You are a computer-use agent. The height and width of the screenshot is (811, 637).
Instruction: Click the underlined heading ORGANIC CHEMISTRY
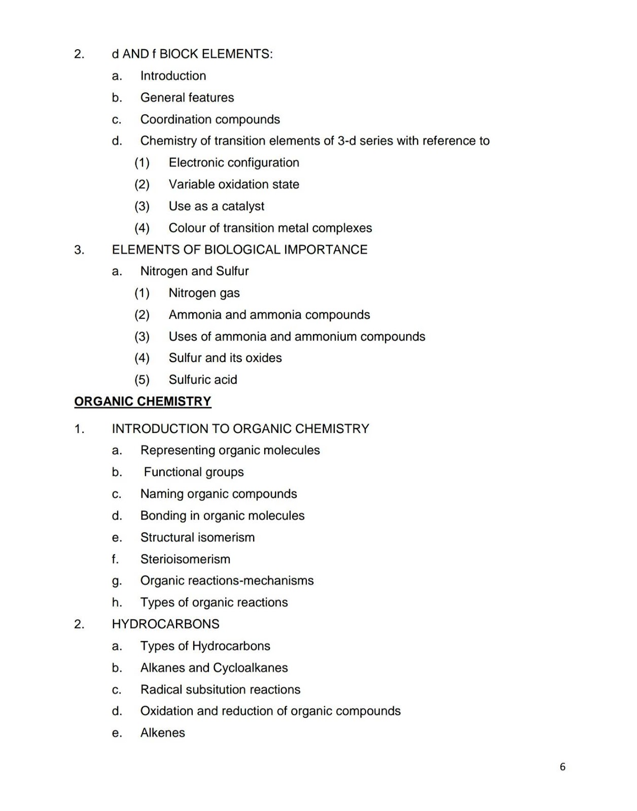coord(143,401)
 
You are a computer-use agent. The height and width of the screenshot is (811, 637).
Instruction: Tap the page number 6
coord(562,766)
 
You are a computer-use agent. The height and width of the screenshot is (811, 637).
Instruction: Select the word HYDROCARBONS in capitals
coord(165,623)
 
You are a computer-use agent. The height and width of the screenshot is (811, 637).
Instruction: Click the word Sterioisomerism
coord(185,559)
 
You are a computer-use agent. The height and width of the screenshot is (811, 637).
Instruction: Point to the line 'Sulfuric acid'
coord(203,379)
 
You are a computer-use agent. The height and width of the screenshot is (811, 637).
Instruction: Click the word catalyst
coord(243,206)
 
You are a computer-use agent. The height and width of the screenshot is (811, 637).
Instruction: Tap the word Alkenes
coord(162,732)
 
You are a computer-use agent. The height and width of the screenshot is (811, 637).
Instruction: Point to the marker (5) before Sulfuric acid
coord(142,379)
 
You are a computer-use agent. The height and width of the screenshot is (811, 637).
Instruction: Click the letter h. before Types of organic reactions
coord(117,602)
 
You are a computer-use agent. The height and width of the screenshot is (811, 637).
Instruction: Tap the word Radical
coord(160,689)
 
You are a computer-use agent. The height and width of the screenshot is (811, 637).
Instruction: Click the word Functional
coord(172,472)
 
